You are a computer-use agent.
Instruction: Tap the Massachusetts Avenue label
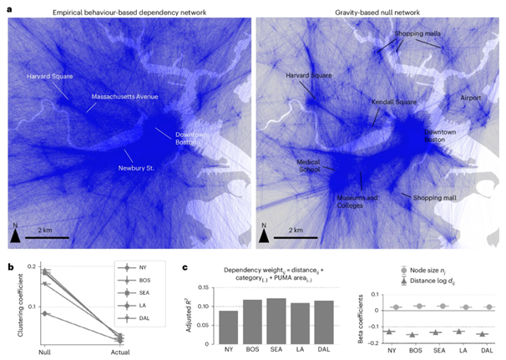click(x=124, y=98)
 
